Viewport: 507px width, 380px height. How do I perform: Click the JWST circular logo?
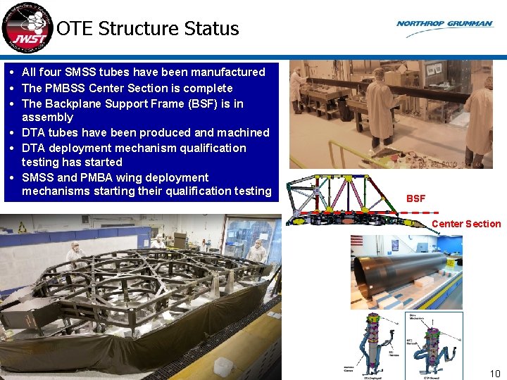(x=27, y=27)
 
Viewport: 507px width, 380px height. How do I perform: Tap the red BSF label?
(x=415, y=198)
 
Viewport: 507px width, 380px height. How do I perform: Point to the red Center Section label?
(x=465, y=224)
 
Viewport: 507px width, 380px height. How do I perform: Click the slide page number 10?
(x=494, y=374)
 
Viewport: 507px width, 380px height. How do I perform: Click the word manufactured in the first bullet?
(x=230, y=72)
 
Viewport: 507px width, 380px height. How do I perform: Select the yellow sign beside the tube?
(x=449, y=262)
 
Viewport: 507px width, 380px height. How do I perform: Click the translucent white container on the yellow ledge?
(x=223, y=366)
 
